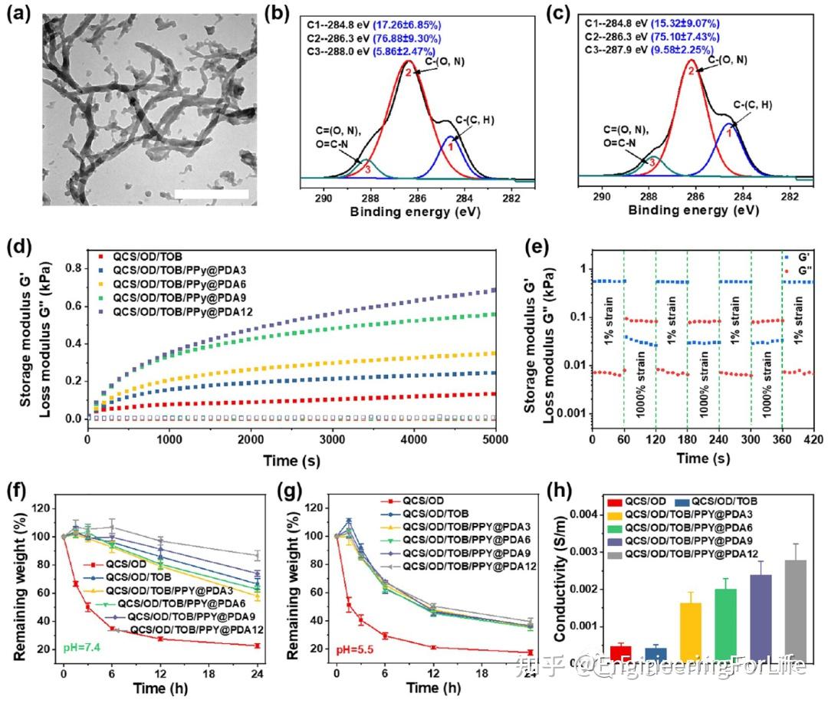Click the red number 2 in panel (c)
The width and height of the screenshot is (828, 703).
[691, 71]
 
